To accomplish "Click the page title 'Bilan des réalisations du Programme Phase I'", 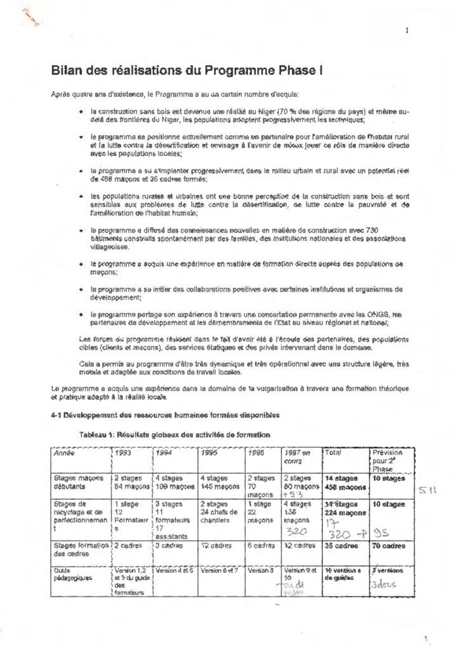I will (187, 70).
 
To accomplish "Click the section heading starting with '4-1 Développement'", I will (165, 416).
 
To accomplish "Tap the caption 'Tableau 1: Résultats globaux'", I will (175, 435).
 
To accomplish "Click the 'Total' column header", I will (333, 454).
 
